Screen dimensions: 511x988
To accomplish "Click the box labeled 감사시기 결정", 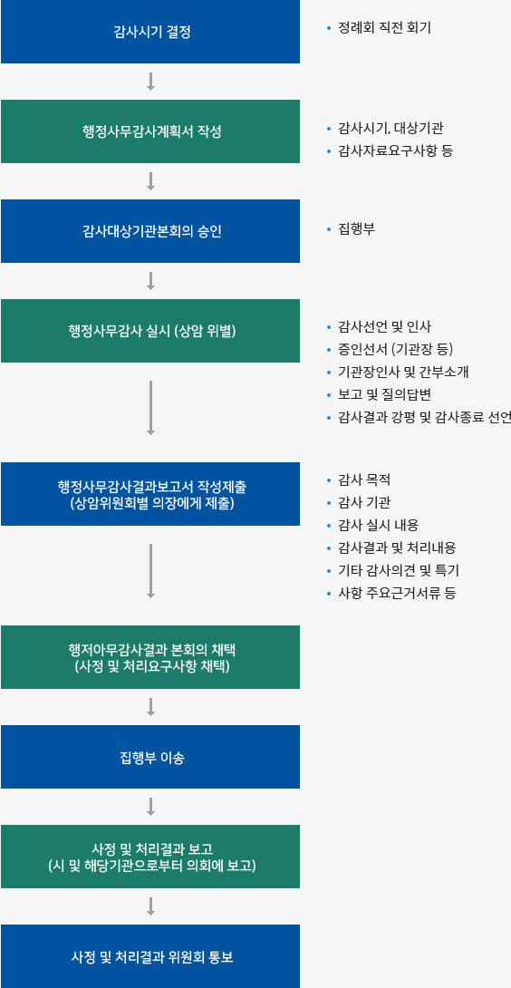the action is coord(150,32).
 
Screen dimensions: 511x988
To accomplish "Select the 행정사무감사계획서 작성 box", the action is coord(150,131).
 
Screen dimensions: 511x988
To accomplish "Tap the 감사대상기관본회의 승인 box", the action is coord(150,230).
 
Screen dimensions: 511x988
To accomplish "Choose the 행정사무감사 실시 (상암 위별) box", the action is coord(150,331).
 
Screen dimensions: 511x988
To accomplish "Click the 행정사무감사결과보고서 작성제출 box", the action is coord(150,494).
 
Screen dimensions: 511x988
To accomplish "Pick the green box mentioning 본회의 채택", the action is coord(150,657).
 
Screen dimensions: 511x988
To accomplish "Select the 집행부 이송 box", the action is coord(150,757).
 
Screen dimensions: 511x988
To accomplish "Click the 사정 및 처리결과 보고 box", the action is coord(150,857).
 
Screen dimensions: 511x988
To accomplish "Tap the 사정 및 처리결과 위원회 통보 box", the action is coord(150,956).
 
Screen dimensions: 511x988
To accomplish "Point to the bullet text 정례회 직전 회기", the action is coord(384,28).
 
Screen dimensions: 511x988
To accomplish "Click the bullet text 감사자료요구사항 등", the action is coord(395,151).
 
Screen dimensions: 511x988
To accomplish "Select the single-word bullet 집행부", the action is coord(356,229).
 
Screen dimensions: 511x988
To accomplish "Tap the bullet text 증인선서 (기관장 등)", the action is coord(395,350).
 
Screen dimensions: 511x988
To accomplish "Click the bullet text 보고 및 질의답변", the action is coord(384,395).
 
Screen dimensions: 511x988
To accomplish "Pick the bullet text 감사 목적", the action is coord(364,480).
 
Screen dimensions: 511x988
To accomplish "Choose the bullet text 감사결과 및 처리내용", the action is coord(397,548).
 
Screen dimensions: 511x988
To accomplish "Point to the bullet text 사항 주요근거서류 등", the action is coord(397,594).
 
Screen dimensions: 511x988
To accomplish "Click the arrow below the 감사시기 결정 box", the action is coord(150,82).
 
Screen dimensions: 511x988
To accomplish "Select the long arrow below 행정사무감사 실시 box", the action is coord(150,408).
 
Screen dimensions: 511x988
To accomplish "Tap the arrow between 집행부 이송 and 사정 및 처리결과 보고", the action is coord(150,807).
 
